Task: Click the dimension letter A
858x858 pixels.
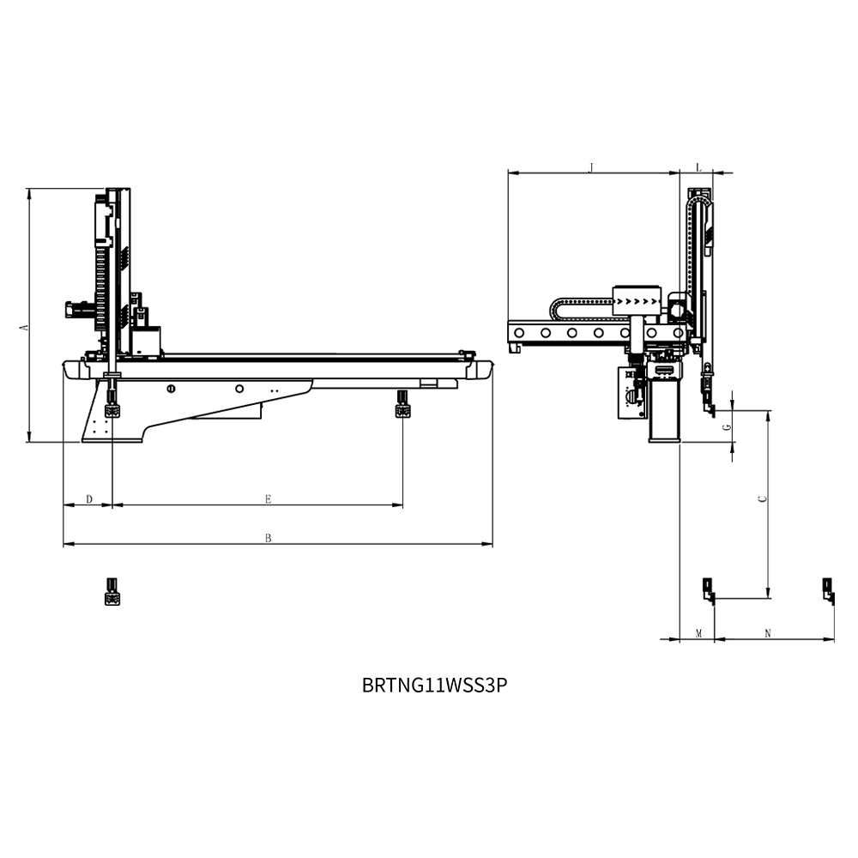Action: click(x=23, y=327)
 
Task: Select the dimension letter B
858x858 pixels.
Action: click(x=268, y=539)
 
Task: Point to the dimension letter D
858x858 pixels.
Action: click(x=90, y=499)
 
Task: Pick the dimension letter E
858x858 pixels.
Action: click(x=268, y=499)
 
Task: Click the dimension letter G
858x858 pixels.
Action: click(x=728, y=427)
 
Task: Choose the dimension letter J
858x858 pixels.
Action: click(x=591, y=167)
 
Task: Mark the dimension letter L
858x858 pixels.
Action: click(x=698, y=167)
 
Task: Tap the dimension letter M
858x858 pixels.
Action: click(x=698, y=634)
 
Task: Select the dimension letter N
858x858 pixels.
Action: click(x=768, y=634)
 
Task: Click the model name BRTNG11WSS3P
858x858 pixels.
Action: click(x=434, y=685)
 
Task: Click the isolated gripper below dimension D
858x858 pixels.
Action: click(x=112, y=591)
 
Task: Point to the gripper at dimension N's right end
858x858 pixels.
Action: click(x=829, y=591)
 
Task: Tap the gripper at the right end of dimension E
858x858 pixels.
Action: click(x=403, y=404)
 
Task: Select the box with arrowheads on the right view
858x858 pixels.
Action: click(x=637, y=300)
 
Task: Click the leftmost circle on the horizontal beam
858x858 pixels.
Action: click(x=519, y=333)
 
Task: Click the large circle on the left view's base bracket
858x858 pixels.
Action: click(x=239, y=389)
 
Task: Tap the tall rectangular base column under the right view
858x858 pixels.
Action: click(x=664, y=410)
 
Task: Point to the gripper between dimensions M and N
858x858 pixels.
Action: click(x=709, y=591)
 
